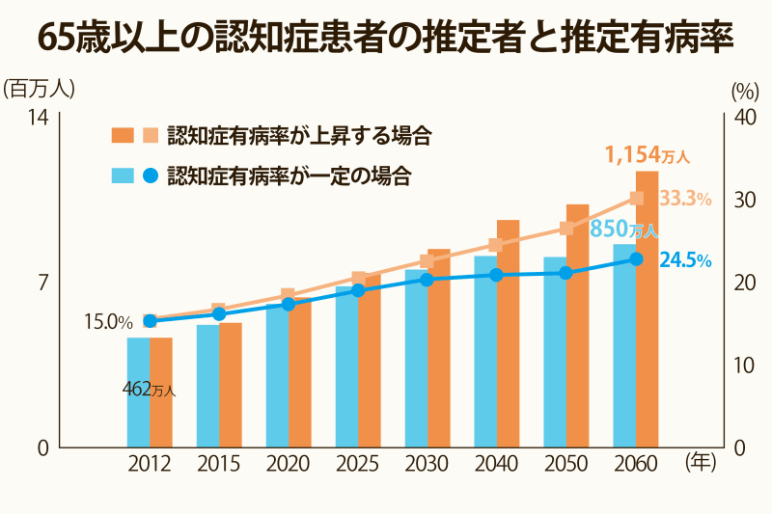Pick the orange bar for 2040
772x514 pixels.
[x=509, y=338]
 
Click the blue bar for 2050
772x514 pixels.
[x=554, y=357]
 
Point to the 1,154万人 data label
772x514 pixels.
[x=647, y=154]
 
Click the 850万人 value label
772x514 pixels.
[x=623, y=230]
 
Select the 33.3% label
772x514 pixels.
[x=686, y=199]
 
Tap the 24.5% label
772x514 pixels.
[x=685, y=260]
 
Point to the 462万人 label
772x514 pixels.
[x=149, y=390]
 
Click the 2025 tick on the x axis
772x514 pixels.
[x=357, y=465]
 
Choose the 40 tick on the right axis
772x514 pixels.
[x=745, y=117]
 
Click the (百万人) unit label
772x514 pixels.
[x=39, y=89]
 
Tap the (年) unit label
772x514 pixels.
[x=700, y=463]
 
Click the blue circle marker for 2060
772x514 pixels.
[x=636, y=259]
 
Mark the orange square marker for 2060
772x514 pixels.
[x=636, y=199]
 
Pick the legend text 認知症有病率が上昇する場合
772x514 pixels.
[x=298, y=135]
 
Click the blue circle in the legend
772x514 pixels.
[x=150, y=176]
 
